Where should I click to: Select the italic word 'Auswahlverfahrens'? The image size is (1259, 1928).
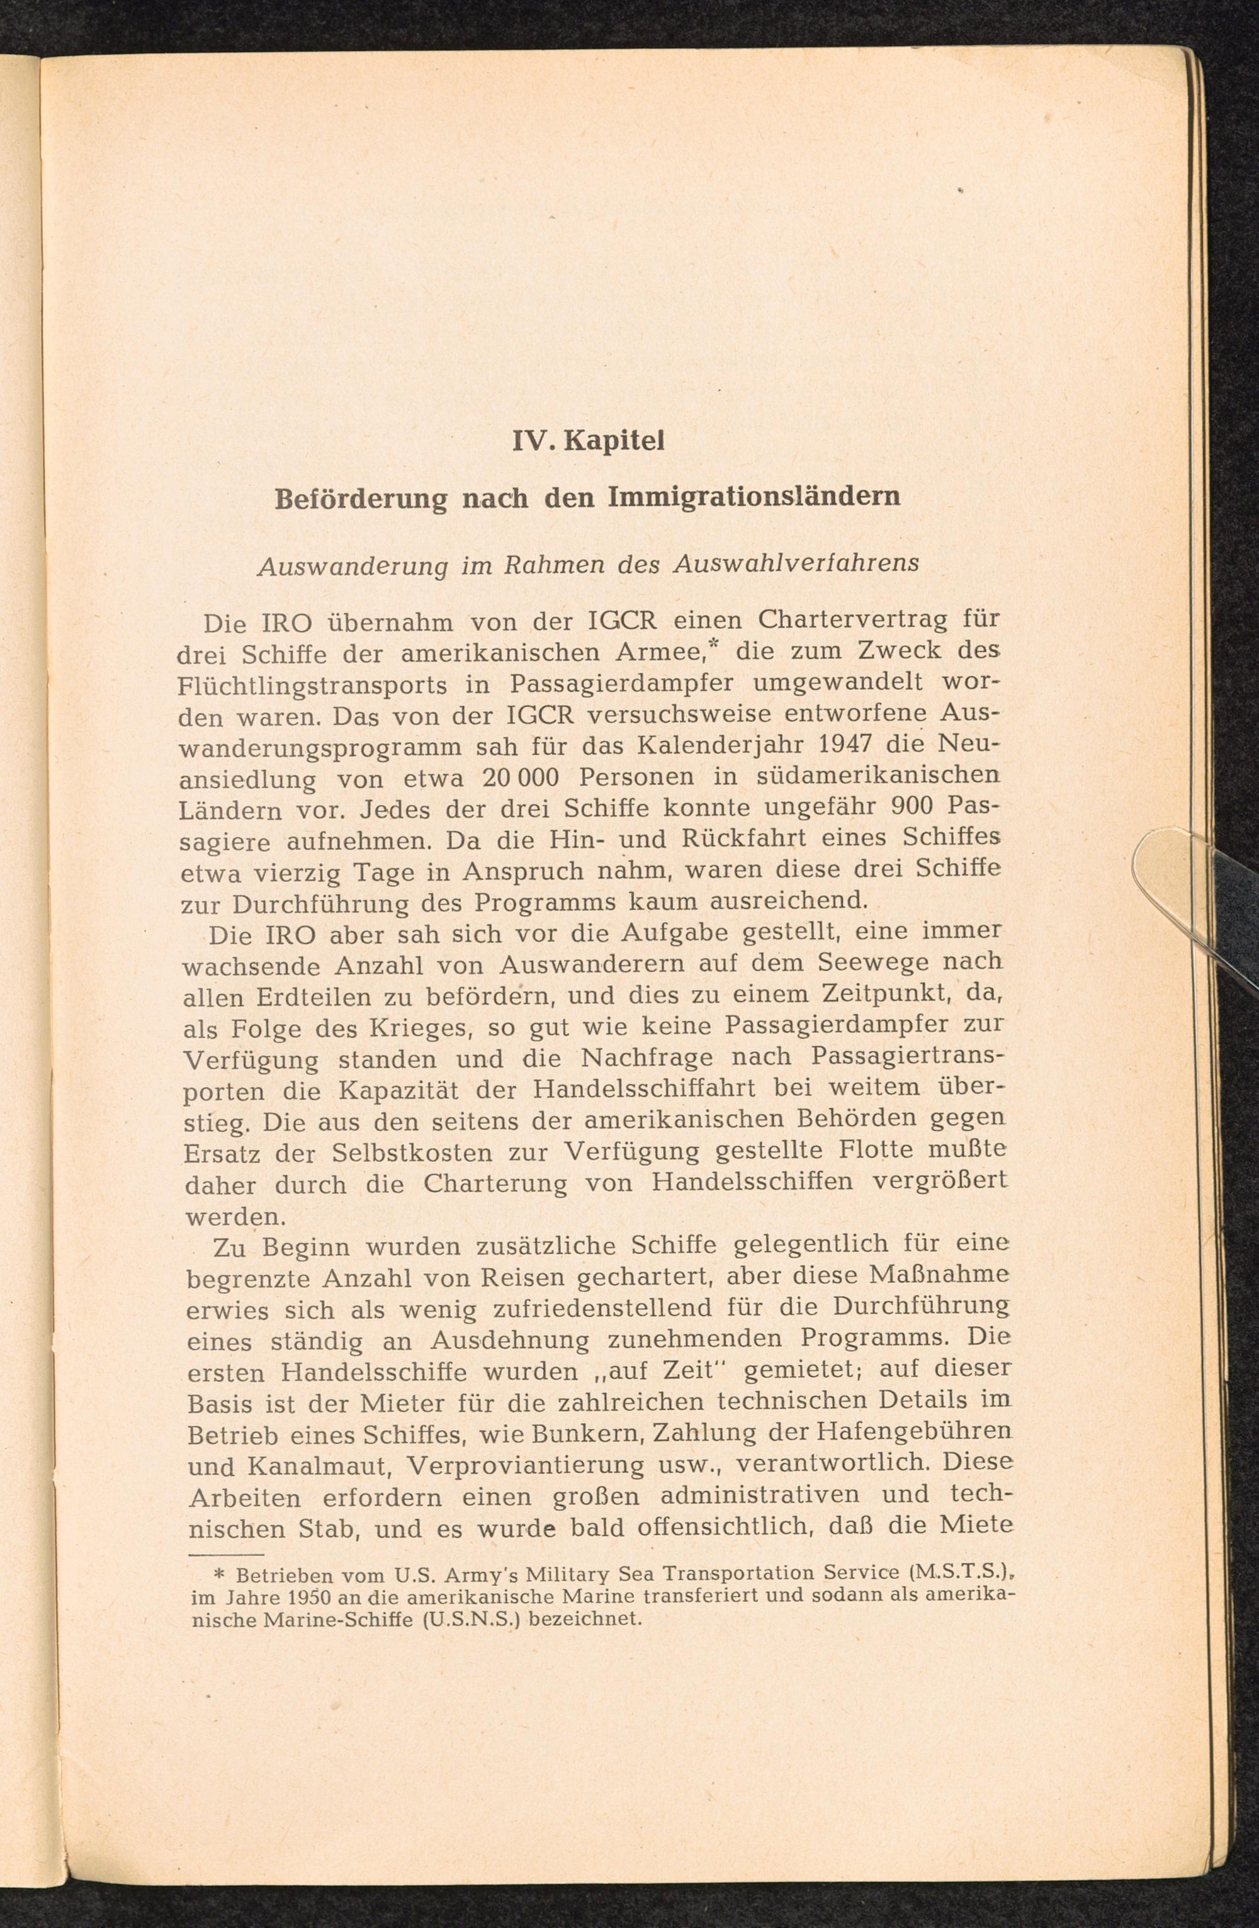pos(797,564)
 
